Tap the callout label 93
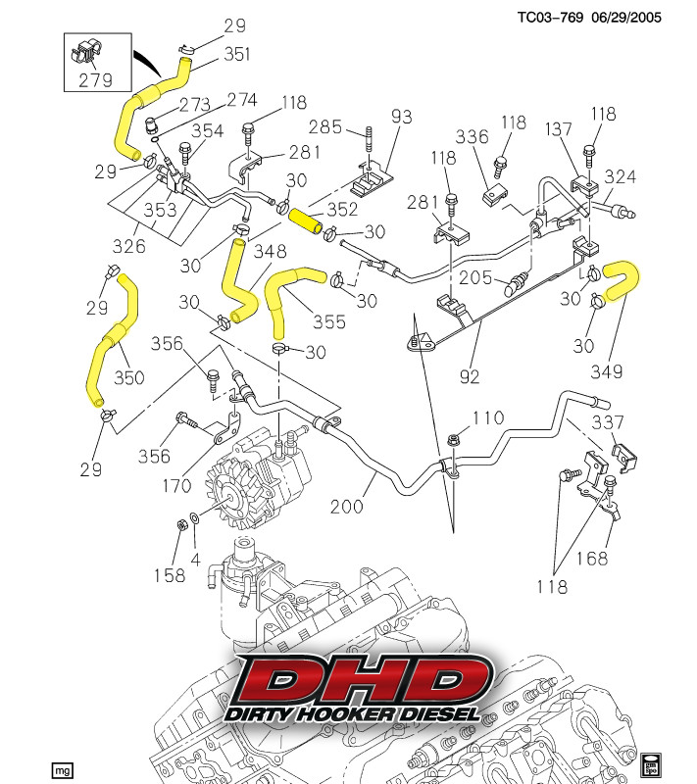[x=402, y=116]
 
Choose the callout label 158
[x=168, y=576]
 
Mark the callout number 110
[x=487, y=417]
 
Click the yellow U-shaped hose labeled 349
[x=621, y=280]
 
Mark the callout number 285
[x=325, y=126]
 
